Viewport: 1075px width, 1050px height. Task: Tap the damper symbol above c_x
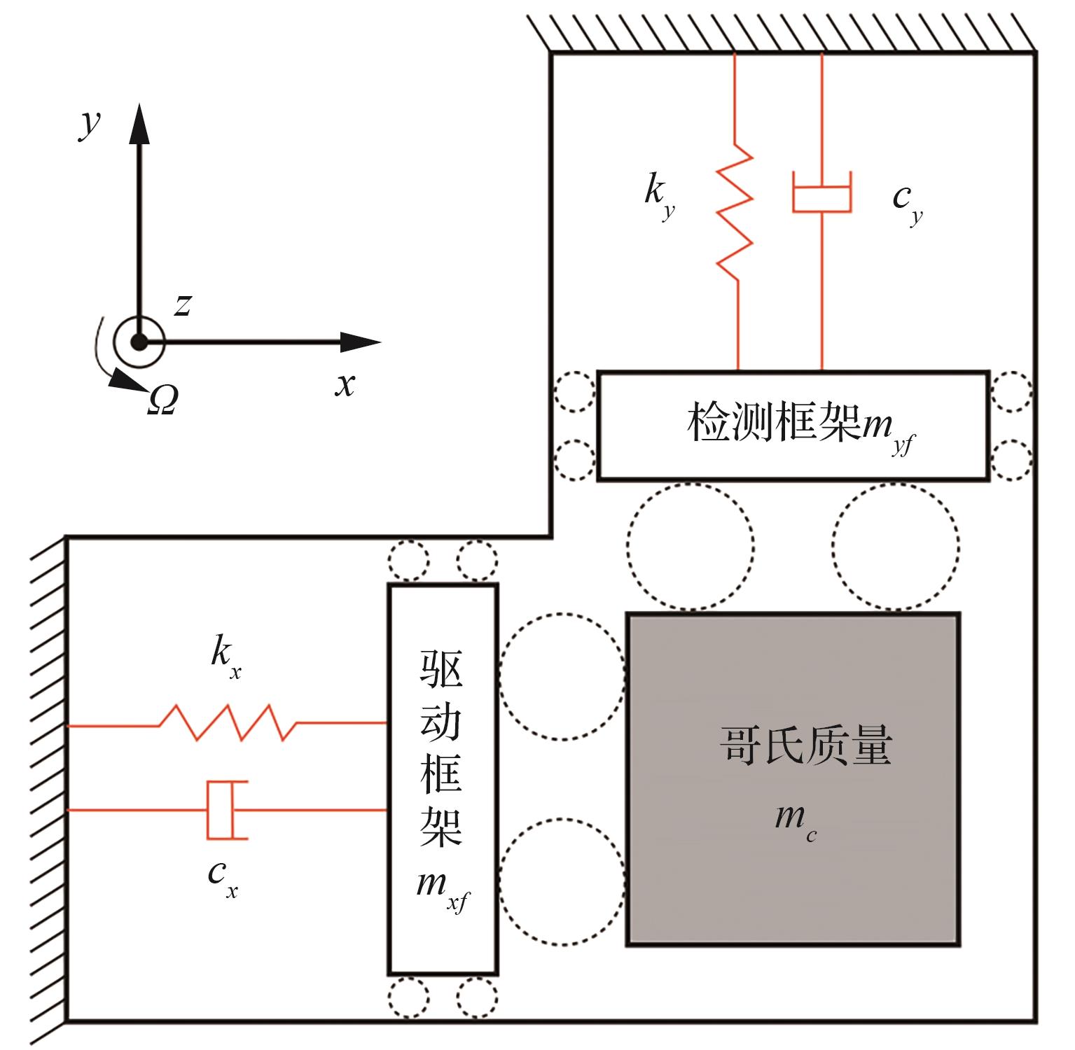click(x=226, y=810)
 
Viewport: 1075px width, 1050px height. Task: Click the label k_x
click(x=226, y=659)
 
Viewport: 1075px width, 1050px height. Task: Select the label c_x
click(x=223, y=880)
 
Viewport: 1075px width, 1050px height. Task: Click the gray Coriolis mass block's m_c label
click(x=796, y=820)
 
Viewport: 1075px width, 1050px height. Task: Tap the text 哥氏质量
click(x=805, y=745)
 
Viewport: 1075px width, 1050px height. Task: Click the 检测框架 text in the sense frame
click(x=773, y=422)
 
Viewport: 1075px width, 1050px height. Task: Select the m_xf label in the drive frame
click(x=442, y=891)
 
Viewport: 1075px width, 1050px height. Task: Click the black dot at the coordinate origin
click(x=140, y=342)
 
